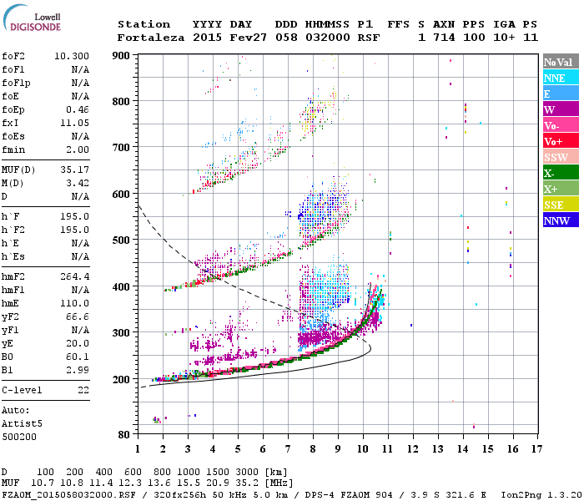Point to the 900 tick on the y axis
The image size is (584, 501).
pyautogui.click(x=123, y=55)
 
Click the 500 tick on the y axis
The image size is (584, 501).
pyautogui.click(x=123, y=240)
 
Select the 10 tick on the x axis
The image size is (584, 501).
pyautogui.click(x=362, y=449)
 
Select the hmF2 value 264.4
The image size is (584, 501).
pyautogui.click(x=75, y=276)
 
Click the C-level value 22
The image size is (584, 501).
pyautogui.click(x=83, y=389)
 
